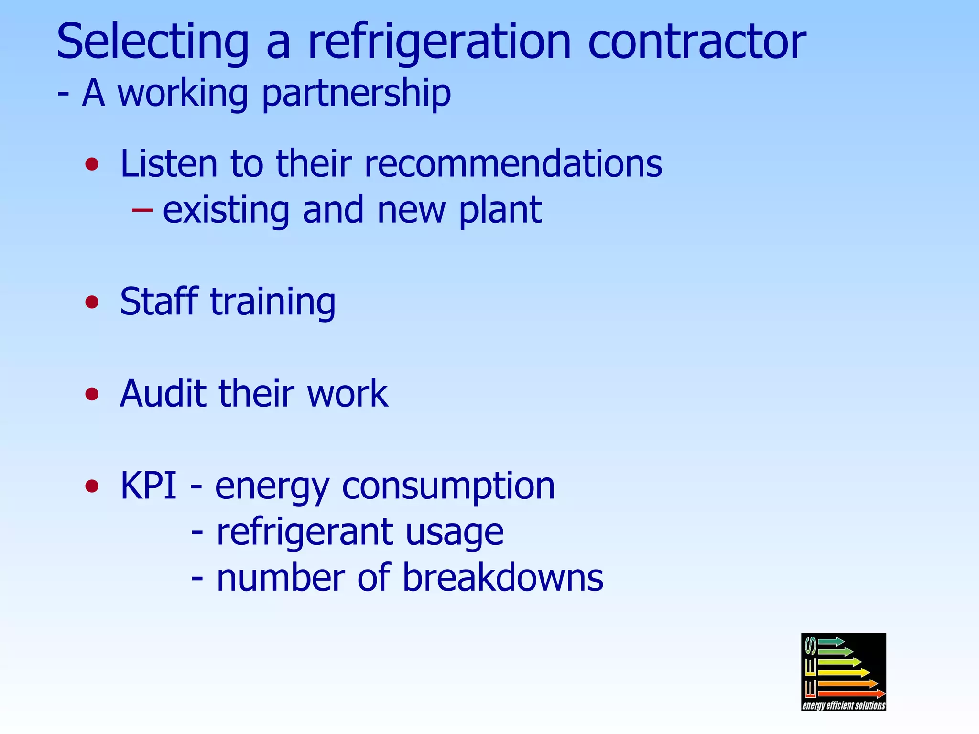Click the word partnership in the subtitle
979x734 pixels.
tap(356, 94)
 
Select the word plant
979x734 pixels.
tap(500, 210)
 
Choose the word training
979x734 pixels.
tap(273, 302)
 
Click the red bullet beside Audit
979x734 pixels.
tap(92, 394)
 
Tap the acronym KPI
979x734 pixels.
tap(148, 486)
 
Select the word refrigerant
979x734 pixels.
tap(305, 532)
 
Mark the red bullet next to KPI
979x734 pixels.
tap(92, 486)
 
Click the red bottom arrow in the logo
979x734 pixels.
tap(851, 693)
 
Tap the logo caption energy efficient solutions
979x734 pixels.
tap(844, 705)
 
